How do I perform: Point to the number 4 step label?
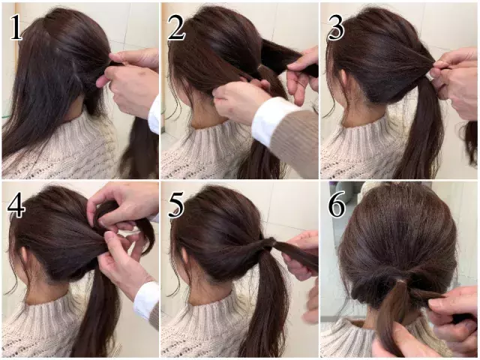(x=16, y=205)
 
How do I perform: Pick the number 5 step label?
(x=177, y=205)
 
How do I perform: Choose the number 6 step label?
(x=337, y=205)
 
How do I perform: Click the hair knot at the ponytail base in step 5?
(x=264, y=245)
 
